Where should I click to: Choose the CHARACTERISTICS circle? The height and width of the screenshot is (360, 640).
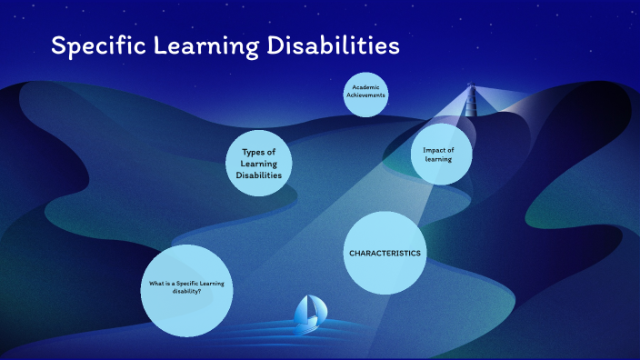pos(385,253)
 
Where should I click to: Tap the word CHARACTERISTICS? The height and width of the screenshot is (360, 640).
pos(385,254)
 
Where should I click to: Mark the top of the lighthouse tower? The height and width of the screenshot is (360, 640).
pos(471,87)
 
